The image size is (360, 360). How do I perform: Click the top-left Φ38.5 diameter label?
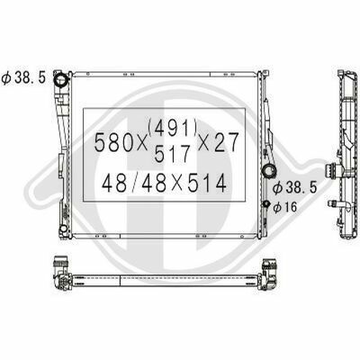pyautogui.click(x=23, y=78)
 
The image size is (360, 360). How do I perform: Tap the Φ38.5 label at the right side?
pyautogui.click(x=295, y=188)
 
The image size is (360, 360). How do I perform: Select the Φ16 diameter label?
pyautogui.click(x=285, y=207)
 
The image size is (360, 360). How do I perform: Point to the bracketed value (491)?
pyautogui.click(x=172, y=128)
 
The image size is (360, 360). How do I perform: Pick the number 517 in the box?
pyautogui.click(x=173, y=153)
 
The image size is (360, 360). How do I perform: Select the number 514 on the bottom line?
pyautogui.click(x=207, y=183)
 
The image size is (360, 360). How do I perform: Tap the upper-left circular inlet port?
pyautogui.click(x=61, y=80)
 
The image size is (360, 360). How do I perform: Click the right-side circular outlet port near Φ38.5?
pyautogui.click(x=269, y=171)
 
